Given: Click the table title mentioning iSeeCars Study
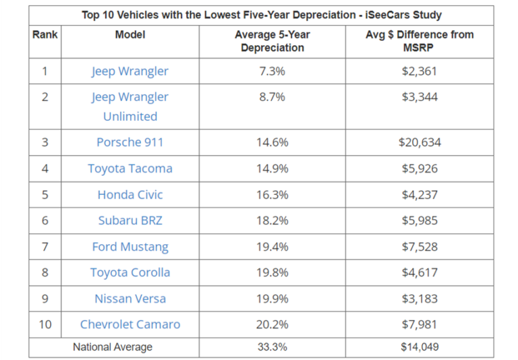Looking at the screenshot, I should pyautogui.click(x=262, y=14).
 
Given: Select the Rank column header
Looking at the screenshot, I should pyautogui.click(x=45, y=34).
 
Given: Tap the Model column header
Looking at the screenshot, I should pyautogui.click(x=130, y=34).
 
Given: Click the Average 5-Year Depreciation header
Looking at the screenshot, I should pyautogui.click(x=272, y=41).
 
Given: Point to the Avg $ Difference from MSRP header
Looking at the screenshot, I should pyautogui.click(x=419, y=41).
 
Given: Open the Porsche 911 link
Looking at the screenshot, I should pyautogui.click(x=130, y=142).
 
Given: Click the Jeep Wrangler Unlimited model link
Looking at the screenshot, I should pyautogui.click(x=130, y=107).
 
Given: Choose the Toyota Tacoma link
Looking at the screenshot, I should pyautogui.click(x=130, y=169).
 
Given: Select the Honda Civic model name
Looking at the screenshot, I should pyautogui.click(x=130, y=195).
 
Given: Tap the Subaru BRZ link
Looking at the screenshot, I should pyautogui.click(x=130, y=220).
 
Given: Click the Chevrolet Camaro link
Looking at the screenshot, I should pyautogui.click(x=130, y=324).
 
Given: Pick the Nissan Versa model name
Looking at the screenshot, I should pyautogui.click(x=130, y=299).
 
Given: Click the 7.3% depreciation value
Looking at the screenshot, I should pyautogui.click(x=272, y=71).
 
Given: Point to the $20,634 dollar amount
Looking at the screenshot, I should pyautogui.click(x=419, y=142).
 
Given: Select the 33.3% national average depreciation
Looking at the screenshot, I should pyautogui.click(x=272, y=347).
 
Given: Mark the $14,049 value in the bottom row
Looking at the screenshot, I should pyautogui.click(x=419, y=347).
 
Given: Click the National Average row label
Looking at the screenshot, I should pyautogui.click(x=113, y=347).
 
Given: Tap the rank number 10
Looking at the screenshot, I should pyautogui.click(x=45, y=324).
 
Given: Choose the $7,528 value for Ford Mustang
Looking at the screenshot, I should pyautogui.click(x=419, y=247).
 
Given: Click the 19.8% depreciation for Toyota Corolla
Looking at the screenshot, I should pyautogui.click(x=272, y=272).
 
